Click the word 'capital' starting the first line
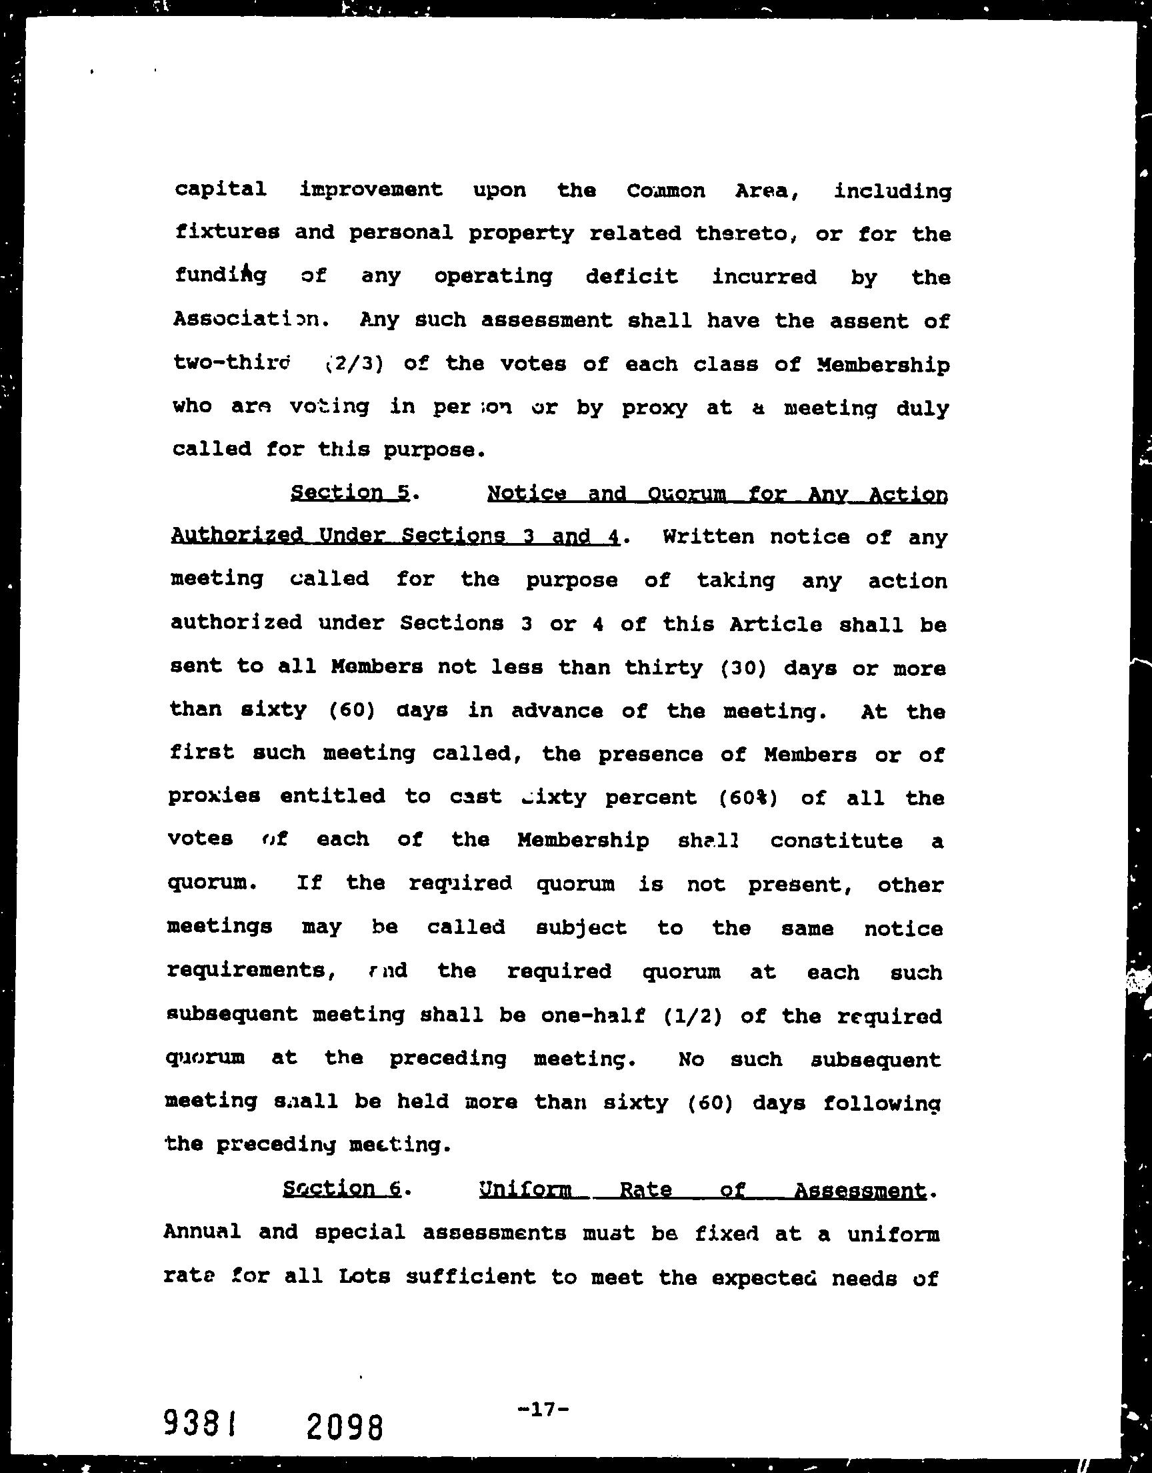220,189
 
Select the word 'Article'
775,624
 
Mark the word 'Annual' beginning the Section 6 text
203,1232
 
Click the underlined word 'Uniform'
525,1189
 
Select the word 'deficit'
631,276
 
